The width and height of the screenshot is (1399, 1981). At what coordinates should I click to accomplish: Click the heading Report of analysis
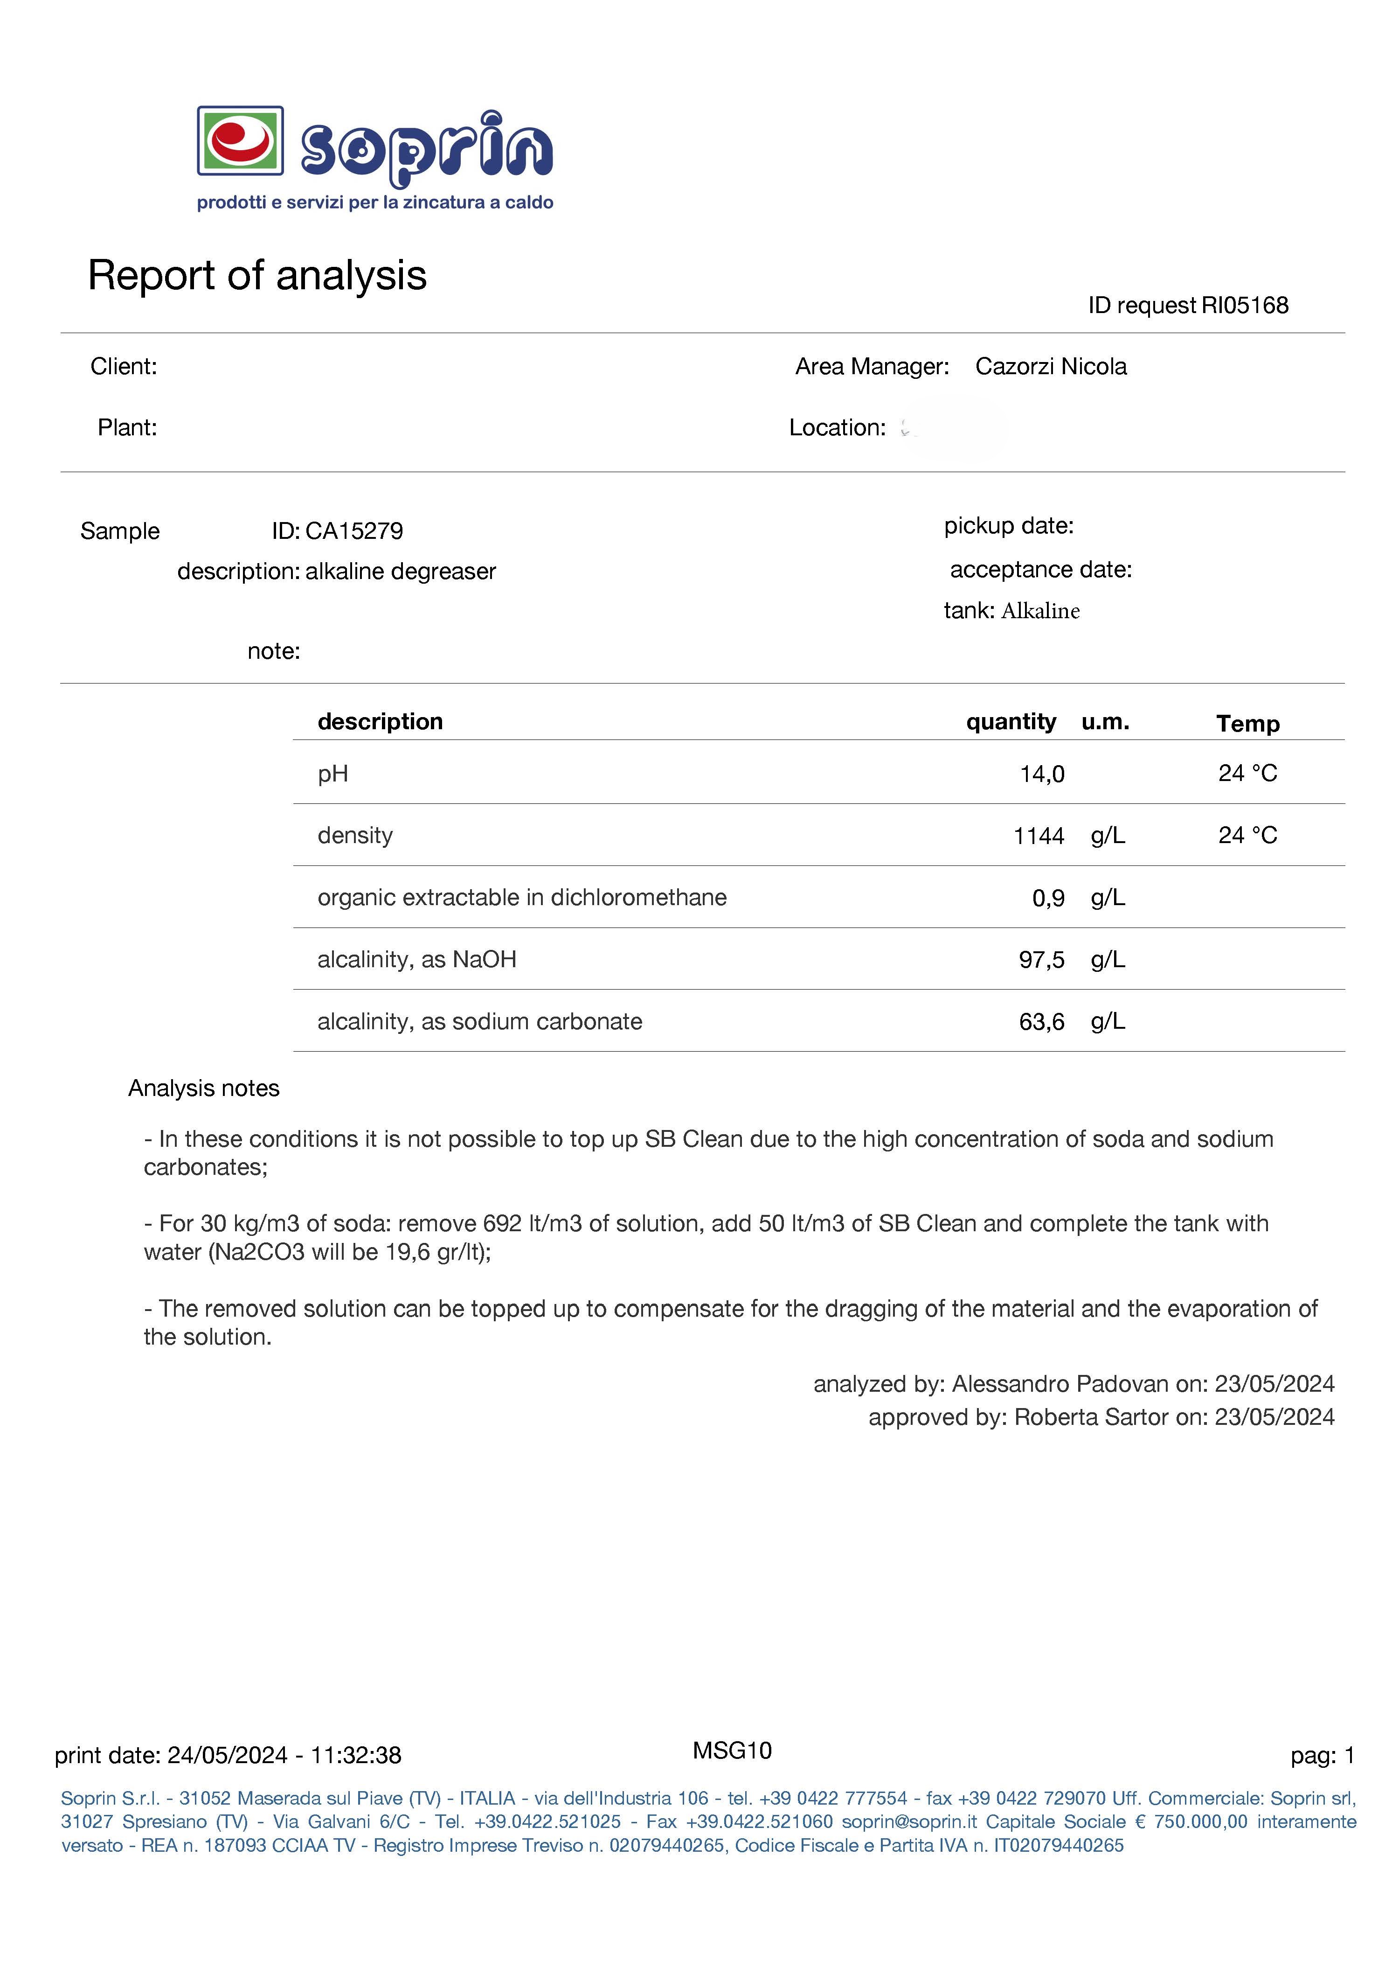tap(257, 275)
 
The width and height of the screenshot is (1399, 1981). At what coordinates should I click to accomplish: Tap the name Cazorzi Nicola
tap(1051, 367)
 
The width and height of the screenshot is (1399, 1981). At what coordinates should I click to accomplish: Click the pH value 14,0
tap(1042, 774)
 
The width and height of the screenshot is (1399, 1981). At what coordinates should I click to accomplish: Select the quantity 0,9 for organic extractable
tap(1048, 898)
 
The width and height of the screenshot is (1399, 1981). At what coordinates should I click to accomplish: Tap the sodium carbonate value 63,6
tap(1041, 1022)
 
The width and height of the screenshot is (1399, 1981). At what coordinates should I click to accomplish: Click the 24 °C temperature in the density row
tap(1247, 835)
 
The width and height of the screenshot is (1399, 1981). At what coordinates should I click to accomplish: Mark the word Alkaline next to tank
tap(1040, 611)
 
